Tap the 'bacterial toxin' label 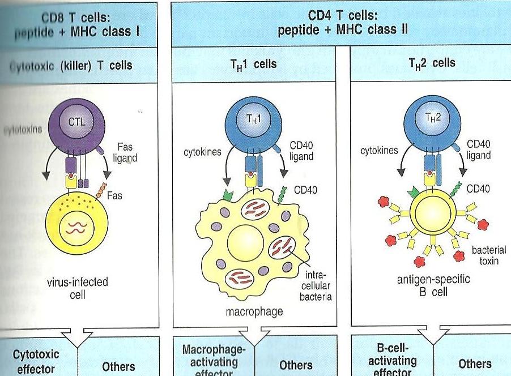coord(489,255)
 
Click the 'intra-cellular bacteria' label coord(317,283)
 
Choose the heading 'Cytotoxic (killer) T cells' coord(72,65)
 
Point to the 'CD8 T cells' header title coord(78,20)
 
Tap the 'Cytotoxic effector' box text coord(36,360)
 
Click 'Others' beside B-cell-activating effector coord(475,364)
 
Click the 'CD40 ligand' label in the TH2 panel coord(479,149)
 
